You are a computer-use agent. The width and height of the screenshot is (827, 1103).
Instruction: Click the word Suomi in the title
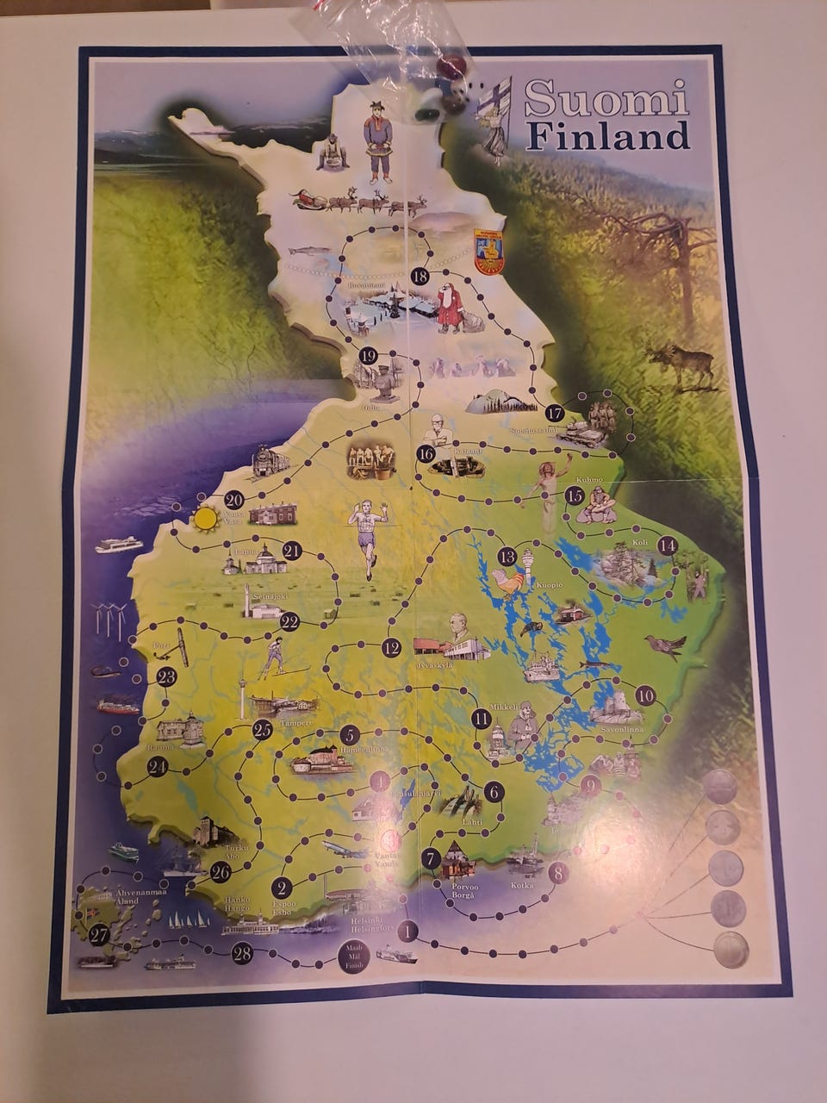point(606,99)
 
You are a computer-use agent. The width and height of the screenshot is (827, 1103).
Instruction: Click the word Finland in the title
point(608,136)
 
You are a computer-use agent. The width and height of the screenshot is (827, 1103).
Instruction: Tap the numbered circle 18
point(420,277)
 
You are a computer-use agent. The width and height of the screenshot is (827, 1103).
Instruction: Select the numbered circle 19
point(368,356)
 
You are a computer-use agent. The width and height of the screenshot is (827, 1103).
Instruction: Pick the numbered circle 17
point(555,412)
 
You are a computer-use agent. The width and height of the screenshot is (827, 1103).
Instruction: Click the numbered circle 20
point(233,500)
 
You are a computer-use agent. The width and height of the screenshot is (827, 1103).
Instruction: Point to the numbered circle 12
point(392,648)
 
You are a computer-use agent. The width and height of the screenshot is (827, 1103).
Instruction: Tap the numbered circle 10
point(645,695)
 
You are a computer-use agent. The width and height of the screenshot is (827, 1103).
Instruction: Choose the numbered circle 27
point(98,933)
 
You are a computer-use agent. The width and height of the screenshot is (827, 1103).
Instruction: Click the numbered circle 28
point(242,952)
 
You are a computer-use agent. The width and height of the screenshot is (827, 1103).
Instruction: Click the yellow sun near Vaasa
point(206,519)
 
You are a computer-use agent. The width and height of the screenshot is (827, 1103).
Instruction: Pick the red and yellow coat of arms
point(488,250)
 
